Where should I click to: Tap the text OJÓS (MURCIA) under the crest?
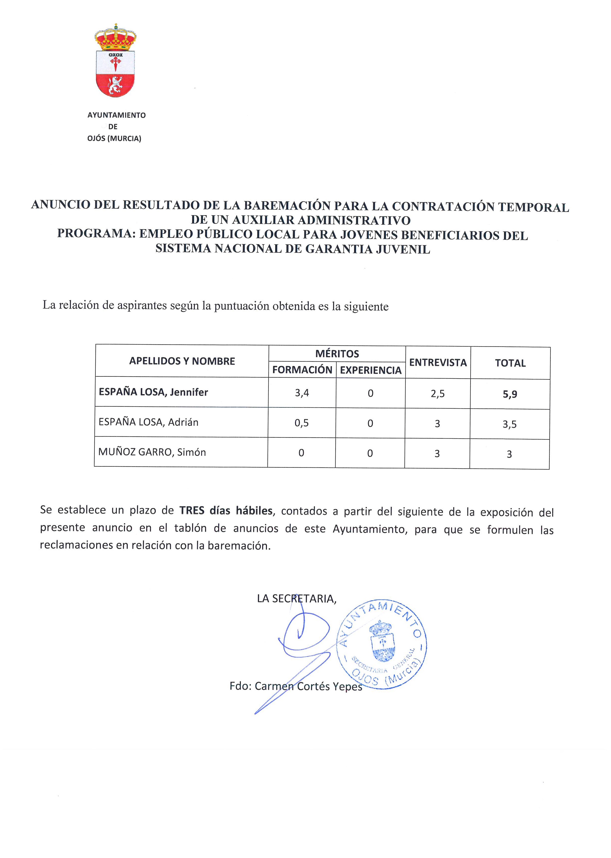tap(114, 139)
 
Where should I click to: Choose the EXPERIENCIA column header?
tap(371, 370)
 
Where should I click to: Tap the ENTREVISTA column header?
tap(438, 362)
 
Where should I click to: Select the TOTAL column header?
tap(510, 363)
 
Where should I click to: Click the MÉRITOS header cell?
tap(337, 354)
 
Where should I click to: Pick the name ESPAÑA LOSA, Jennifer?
tap(153, 392)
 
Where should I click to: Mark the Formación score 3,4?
tap(302, 393)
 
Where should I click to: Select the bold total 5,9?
tap(510, 394)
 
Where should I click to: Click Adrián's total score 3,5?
tap(509, 424)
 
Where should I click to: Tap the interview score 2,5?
tap(437, 394)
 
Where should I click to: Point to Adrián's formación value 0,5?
tap(301, 423)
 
